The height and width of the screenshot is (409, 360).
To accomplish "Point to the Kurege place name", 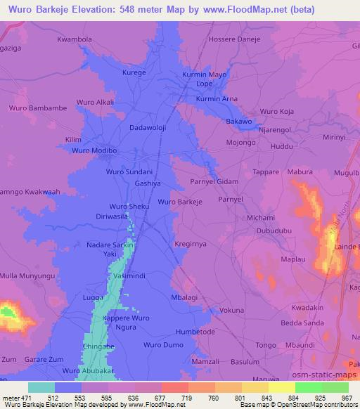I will [x=134, y=72].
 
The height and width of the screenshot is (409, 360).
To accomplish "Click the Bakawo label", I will [x=238, y=122].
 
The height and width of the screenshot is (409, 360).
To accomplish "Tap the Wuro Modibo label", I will [x=93, y=150].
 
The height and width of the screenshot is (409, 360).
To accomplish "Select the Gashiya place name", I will [x=149, y=182].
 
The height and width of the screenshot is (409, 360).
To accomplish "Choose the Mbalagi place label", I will [x=185, y=298].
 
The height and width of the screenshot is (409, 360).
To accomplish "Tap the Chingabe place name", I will [x=98, y=346].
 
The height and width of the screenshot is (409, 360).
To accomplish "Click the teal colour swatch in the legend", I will [x=41, y=387].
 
